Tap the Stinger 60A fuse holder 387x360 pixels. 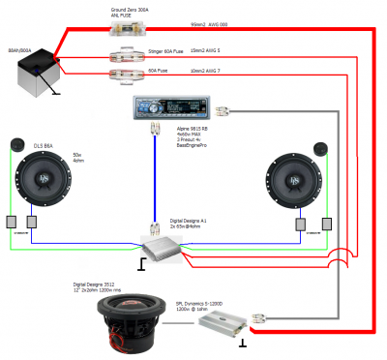126,54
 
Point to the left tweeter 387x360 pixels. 16,145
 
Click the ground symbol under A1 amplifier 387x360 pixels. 143,262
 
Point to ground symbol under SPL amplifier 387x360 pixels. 242,341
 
